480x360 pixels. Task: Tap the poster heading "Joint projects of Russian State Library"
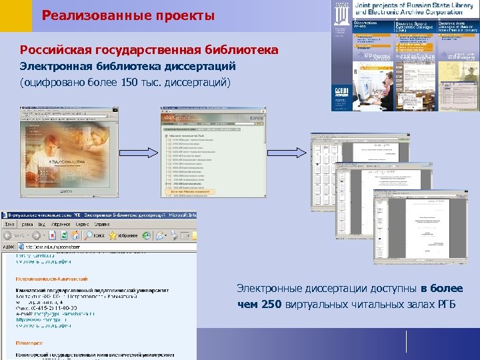(413, 7)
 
